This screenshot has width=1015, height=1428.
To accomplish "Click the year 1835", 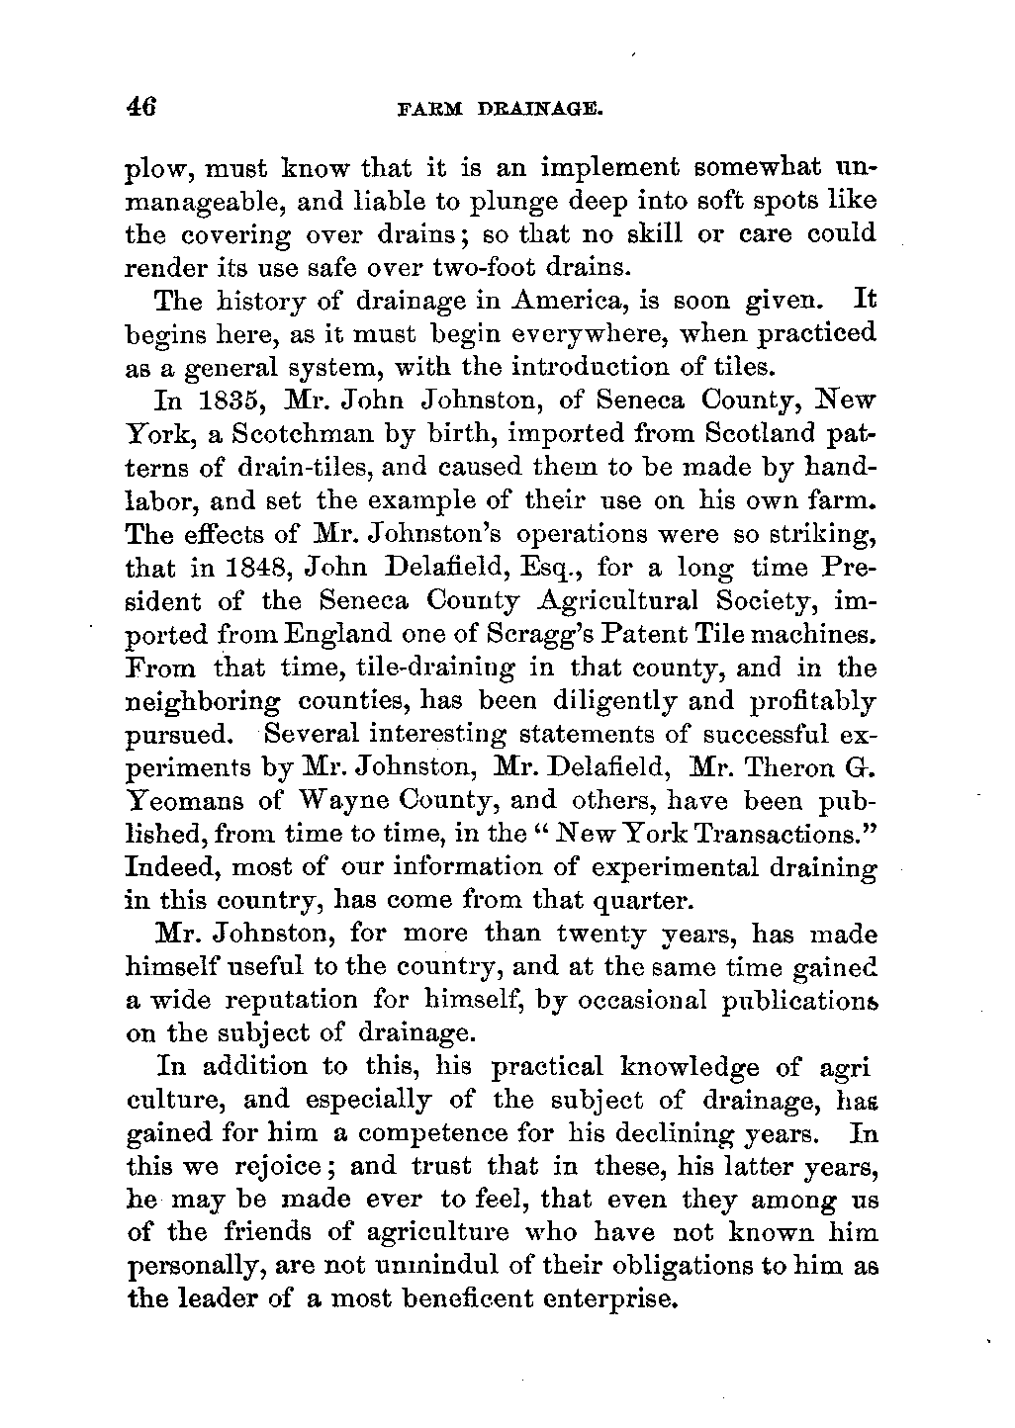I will [x=241, y=402].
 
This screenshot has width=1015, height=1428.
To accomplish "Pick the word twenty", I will [x=602, y=935].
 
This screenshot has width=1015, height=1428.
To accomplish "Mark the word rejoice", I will [x=282, y=1167].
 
